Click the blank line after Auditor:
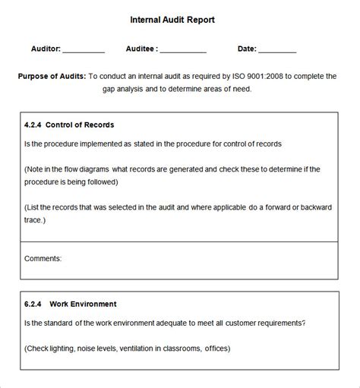(84, 52)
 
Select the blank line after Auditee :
(183, 52)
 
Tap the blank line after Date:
(277, 52)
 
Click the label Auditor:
(46, 49)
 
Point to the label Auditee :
(142, 49)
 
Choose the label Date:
(247, 49)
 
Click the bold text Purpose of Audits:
(52, 76)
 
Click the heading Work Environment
(83, 304)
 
